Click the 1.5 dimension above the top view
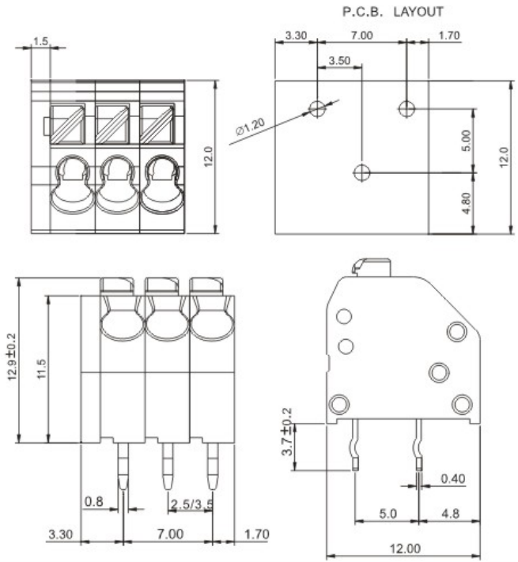41,40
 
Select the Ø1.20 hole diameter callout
251,128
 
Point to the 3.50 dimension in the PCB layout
338,60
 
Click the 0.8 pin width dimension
93,501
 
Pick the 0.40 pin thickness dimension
452,478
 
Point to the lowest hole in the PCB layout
361,172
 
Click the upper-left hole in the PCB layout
317,108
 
